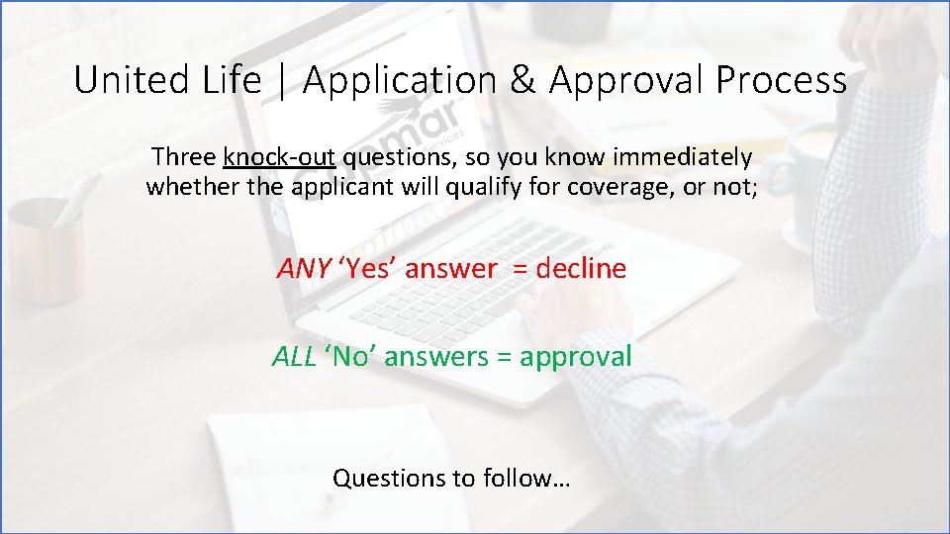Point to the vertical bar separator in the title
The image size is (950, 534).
[281, 81]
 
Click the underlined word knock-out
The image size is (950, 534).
[280, 157]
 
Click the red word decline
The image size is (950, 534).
[581, 269]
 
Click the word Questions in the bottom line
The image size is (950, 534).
[389, 479]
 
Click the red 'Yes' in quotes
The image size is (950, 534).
[368, 269]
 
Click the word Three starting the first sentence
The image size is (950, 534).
[185, 157]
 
